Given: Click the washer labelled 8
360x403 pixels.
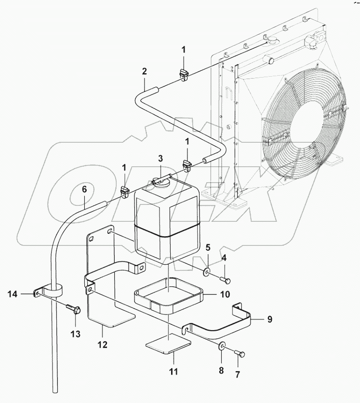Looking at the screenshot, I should point(222,346).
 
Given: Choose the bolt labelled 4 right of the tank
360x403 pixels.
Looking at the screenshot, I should point(226,279).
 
